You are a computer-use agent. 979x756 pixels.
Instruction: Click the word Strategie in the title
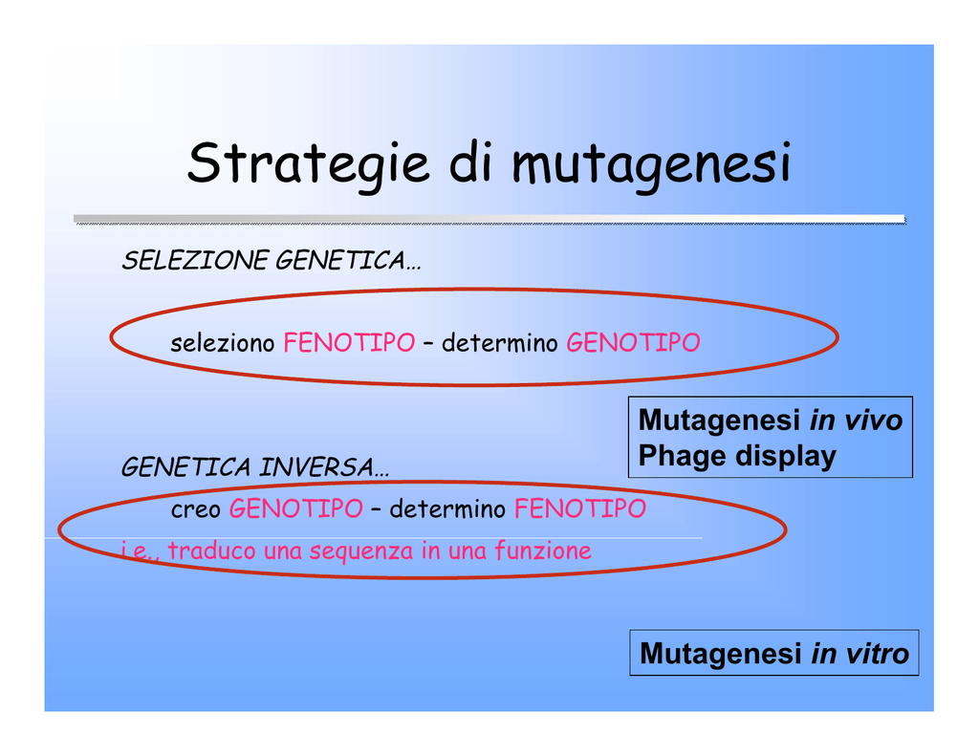coord(309,163)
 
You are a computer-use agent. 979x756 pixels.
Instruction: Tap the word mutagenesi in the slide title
coord(651,164)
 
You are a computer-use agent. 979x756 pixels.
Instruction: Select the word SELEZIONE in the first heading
coord(195,260)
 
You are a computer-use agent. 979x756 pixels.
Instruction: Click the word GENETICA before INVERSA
coord(186,467)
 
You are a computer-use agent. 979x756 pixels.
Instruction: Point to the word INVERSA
coord(324,467)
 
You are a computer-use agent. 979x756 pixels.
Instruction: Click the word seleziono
coord(222,343)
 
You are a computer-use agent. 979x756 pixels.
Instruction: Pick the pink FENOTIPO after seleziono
coord(349,343)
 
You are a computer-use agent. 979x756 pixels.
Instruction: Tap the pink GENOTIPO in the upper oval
coord(633,343)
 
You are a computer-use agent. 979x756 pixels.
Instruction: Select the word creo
coord(195,509)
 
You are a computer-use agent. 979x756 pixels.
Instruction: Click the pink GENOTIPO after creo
coord(296,508)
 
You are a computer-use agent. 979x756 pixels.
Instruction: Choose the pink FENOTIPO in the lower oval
coord(580,508)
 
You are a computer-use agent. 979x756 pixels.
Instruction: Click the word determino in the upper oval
coord(499,343)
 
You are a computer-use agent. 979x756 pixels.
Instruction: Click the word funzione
coord(543,551)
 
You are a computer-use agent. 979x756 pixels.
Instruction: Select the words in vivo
coord(856,421)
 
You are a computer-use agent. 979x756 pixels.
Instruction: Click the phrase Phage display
coord(737,456)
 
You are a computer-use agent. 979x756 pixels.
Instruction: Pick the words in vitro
coord(859,654)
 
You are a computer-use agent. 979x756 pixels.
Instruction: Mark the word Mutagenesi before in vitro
coord(721,655)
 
